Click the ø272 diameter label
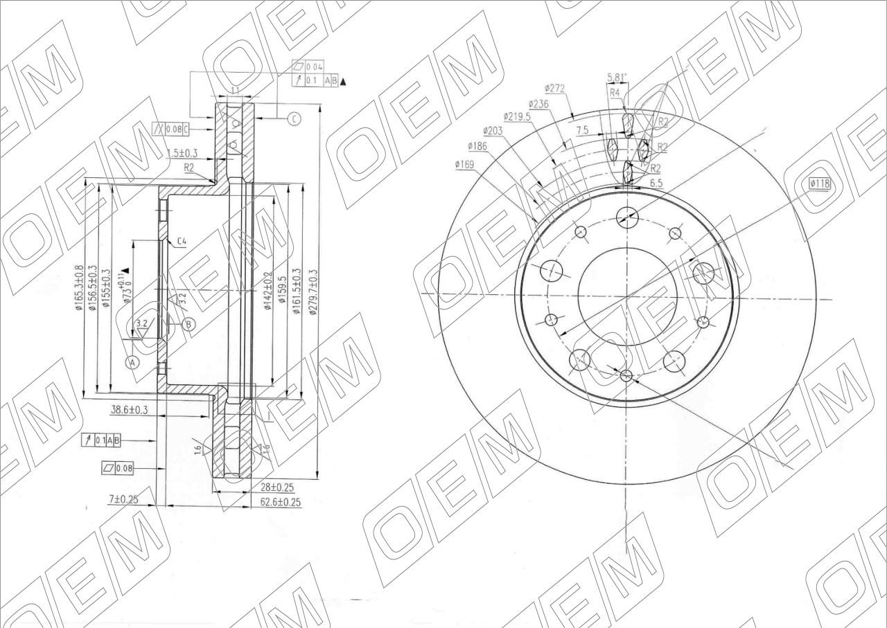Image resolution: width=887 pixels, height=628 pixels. coord(555,89)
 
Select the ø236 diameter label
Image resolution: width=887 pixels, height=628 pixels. coord(538,103)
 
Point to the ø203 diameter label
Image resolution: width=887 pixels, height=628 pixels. coord(492,131)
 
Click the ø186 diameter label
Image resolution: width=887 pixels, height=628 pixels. coord(478,146)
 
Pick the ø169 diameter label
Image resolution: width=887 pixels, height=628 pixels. coord(464,164)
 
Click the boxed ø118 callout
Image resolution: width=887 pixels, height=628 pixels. coord(820,183)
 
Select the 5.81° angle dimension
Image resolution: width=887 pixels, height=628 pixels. coord(617,78)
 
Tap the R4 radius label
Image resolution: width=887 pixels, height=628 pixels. coord(615,92)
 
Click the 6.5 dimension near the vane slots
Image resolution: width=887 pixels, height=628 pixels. coord(657,182)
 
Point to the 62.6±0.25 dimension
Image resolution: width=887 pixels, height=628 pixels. coord(281,503)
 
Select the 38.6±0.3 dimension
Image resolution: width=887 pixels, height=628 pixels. coord(130,410)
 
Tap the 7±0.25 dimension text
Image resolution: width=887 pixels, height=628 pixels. coord(123,499)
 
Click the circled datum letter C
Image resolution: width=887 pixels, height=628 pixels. coord(294,119)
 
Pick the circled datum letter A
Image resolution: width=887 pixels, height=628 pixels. coord(132,362)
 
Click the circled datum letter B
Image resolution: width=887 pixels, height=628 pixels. coord(189,323)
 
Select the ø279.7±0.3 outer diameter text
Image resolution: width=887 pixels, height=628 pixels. coord(313,292)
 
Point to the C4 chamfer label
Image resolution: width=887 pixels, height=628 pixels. coord(181,242)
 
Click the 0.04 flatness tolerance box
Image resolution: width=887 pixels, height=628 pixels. coord(314,67)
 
